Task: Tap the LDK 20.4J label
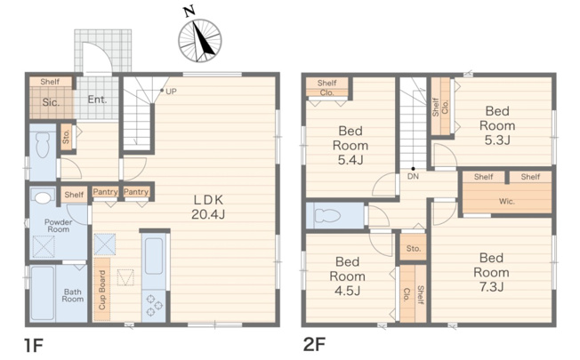(208, 207)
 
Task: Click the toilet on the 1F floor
(43, 145)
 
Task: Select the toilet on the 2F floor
(327, 215)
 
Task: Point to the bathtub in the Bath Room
(43, 293)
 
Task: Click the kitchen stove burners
(154, 305)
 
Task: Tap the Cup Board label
(102, 290)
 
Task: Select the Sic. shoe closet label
(51, 102)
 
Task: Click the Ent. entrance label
(97, 100)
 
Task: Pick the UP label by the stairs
(171, 92)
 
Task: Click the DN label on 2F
(413, 176)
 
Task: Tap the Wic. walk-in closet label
(507, 202)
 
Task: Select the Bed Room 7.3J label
(491, 272)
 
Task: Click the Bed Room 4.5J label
(347, 276)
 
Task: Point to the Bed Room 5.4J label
(350, 145)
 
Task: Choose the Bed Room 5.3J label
(497, 125)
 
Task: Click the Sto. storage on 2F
(414, 249)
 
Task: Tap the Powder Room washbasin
(43, 197)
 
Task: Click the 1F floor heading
(34, 346)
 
